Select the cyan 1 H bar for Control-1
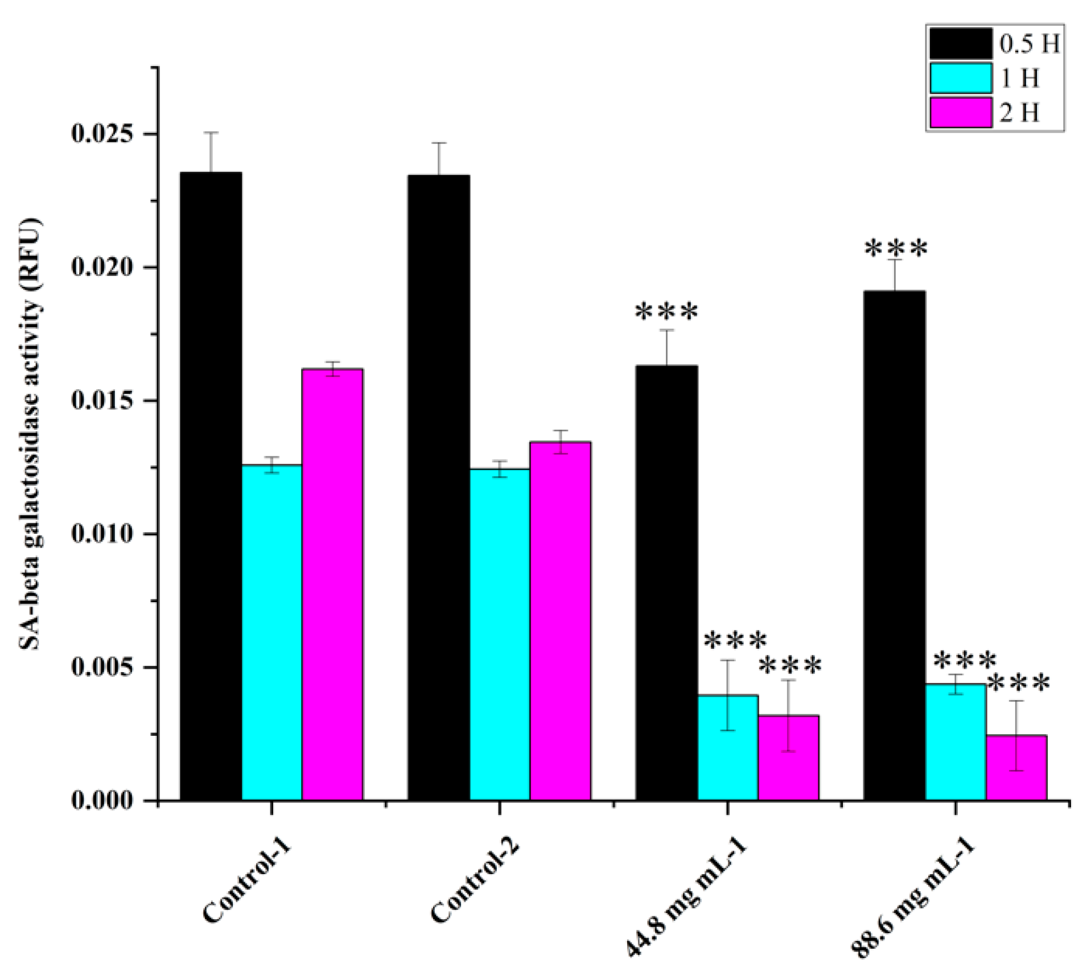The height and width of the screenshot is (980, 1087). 271,632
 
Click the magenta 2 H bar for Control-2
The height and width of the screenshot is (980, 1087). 560,620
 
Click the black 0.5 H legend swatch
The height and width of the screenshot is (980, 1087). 961,44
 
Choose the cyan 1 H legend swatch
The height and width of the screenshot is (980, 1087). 961,78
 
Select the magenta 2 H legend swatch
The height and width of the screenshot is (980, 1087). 961,112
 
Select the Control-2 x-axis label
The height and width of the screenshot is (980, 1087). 473,888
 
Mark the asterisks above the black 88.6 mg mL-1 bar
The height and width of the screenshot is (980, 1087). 896,249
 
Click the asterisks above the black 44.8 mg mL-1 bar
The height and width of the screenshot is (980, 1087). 666,312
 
